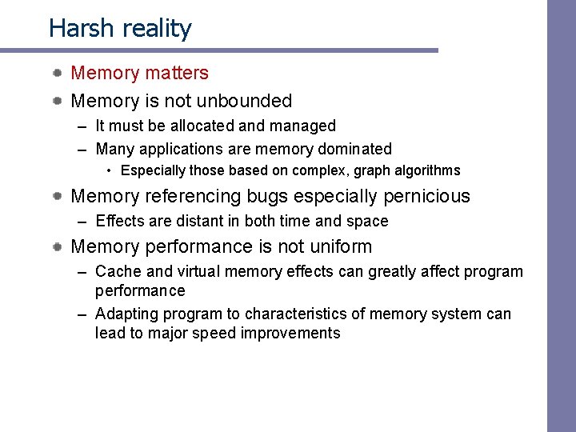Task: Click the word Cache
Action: point(118,272)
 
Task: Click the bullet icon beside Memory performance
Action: point(58,247)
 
